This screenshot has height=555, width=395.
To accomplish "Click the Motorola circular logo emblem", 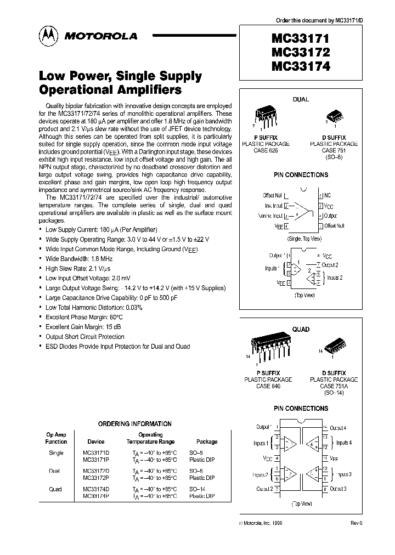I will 48,36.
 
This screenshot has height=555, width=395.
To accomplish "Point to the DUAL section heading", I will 301,100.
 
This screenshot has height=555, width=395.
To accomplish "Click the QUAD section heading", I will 301,330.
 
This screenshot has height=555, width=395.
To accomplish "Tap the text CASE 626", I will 267,150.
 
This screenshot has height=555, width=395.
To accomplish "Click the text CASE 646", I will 267,386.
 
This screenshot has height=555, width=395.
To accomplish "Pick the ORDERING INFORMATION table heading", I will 135,424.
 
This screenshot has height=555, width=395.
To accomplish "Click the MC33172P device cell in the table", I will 96,478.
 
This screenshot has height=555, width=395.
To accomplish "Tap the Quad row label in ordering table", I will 56,489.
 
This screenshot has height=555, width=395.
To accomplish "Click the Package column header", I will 207,441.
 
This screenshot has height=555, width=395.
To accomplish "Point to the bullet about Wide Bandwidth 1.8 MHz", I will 79,258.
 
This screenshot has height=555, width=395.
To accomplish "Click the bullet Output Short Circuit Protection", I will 85,337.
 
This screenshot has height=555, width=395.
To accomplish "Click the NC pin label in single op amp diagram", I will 328,195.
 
